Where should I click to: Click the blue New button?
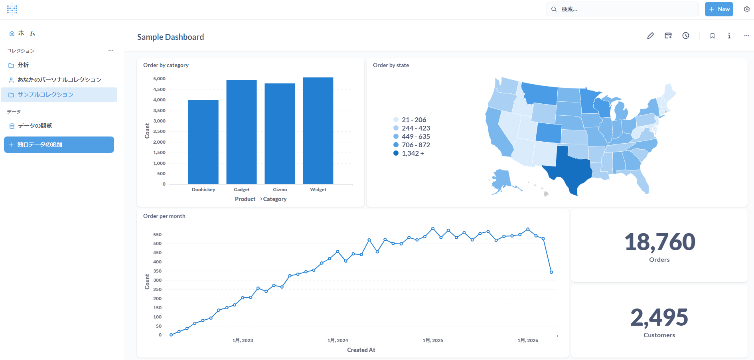719,9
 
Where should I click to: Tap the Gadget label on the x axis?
241,190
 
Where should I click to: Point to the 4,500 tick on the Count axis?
159,89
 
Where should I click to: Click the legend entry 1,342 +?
413,153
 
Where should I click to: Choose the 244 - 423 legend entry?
415,128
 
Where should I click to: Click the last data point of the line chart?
551,272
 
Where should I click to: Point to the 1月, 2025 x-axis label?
433,340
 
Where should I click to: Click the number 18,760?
659,242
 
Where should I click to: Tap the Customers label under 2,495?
659,335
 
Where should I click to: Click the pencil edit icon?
650,36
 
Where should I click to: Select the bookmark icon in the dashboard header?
712,36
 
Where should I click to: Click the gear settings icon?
746,9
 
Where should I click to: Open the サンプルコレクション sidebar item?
45,95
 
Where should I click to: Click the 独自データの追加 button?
59,144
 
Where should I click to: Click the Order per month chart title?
164,216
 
